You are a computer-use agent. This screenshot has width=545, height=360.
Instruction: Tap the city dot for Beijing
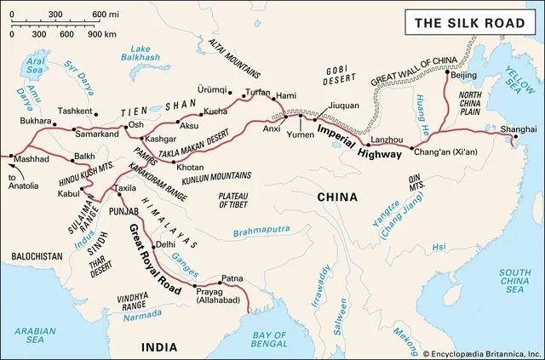448,73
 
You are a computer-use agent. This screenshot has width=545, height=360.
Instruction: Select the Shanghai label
519,129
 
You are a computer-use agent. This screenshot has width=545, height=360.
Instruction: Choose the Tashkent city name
75,111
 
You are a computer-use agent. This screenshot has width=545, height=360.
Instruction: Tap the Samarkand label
96,134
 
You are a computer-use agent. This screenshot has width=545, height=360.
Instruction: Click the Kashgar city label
159,137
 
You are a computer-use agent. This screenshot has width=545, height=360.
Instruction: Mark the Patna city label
232,278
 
